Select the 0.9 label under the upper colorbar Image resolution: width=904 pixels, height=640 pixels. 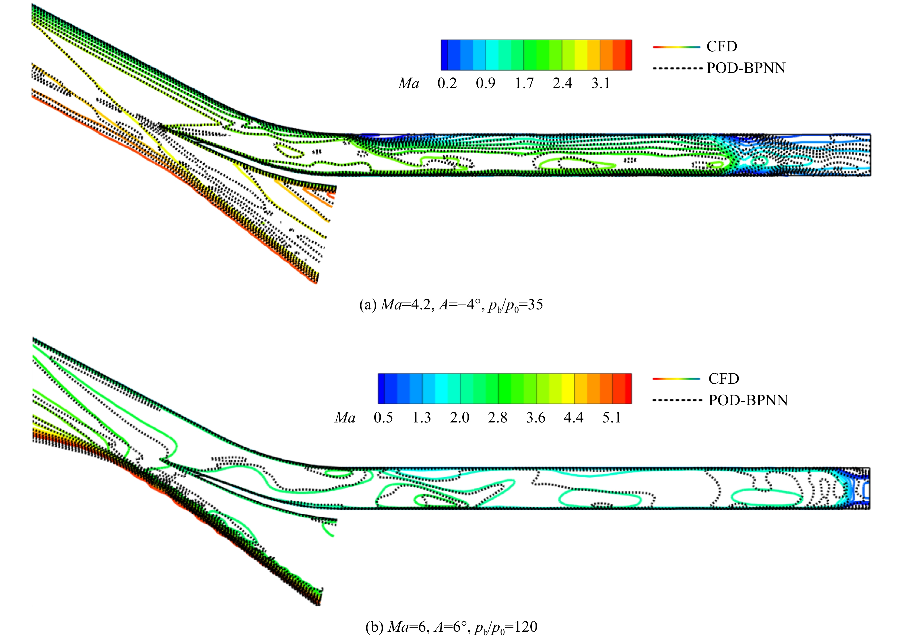pyautogui.click(x=486, y=83)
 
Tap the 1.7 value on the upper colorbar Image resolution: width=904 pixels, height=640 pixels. pyautogui.click(x=524, y=83)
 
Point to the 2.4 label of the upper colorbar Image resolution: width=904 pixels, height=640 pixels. pyautogui.click(x=562, y=83)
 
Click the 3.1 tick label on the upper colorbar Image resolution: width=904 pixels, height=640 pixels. pyautogui.click(x=601, y=83)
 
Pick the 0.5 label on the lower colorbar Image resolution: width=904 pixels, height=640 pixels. pyautogui.click(x=383, y=417)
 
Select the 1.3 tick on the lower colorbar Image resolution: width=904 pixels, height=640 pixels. pyautogui.click(x=422, y=417)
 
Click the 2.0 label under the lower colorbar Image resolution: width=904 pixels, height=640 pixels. pyautogui.click(x=459, y=417)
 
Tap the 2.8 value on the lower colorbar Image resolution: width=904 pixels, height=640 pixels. pyautogui.click(x=498, y=417)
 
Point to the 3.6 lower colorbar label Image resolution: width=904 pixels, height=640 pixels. pyautogui.click(x=536, y=417)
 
